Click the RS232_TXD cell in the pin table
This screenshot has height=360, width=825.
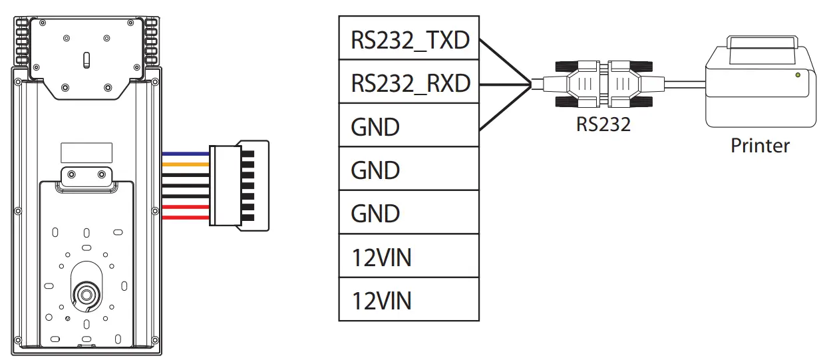click(x=409, y=40)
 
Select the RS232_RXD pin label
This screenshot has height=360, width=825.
click(x=409, y=83)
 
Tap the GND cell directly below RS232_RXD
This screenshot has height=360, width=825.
click(x=409, y=126)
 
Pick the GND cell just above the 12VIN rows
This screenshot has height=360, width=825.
click(x=409, y=213)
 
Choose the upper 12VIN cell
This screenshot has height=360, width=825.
click(x=409, y=256)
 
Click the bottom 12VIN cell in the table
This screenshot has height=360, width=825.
click(x=409, y=299)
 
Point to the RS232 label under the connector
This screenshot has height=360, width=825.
click(x=603, y=124)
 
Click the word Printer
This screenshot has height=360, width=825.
click(x=760, y=145)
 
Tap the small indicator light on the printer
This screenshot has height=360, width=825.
click(x=798, y=76)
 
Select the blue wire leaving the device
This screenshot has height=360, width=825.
click(x=186, y=154)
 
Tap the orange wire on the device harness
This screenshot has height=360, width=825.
click(x=186, y=163)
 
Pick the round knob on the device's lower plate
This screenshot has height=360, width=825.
click(x=86, y=292)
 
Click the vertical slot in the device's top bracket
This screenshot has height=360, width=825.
click(x=85, y=60)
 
